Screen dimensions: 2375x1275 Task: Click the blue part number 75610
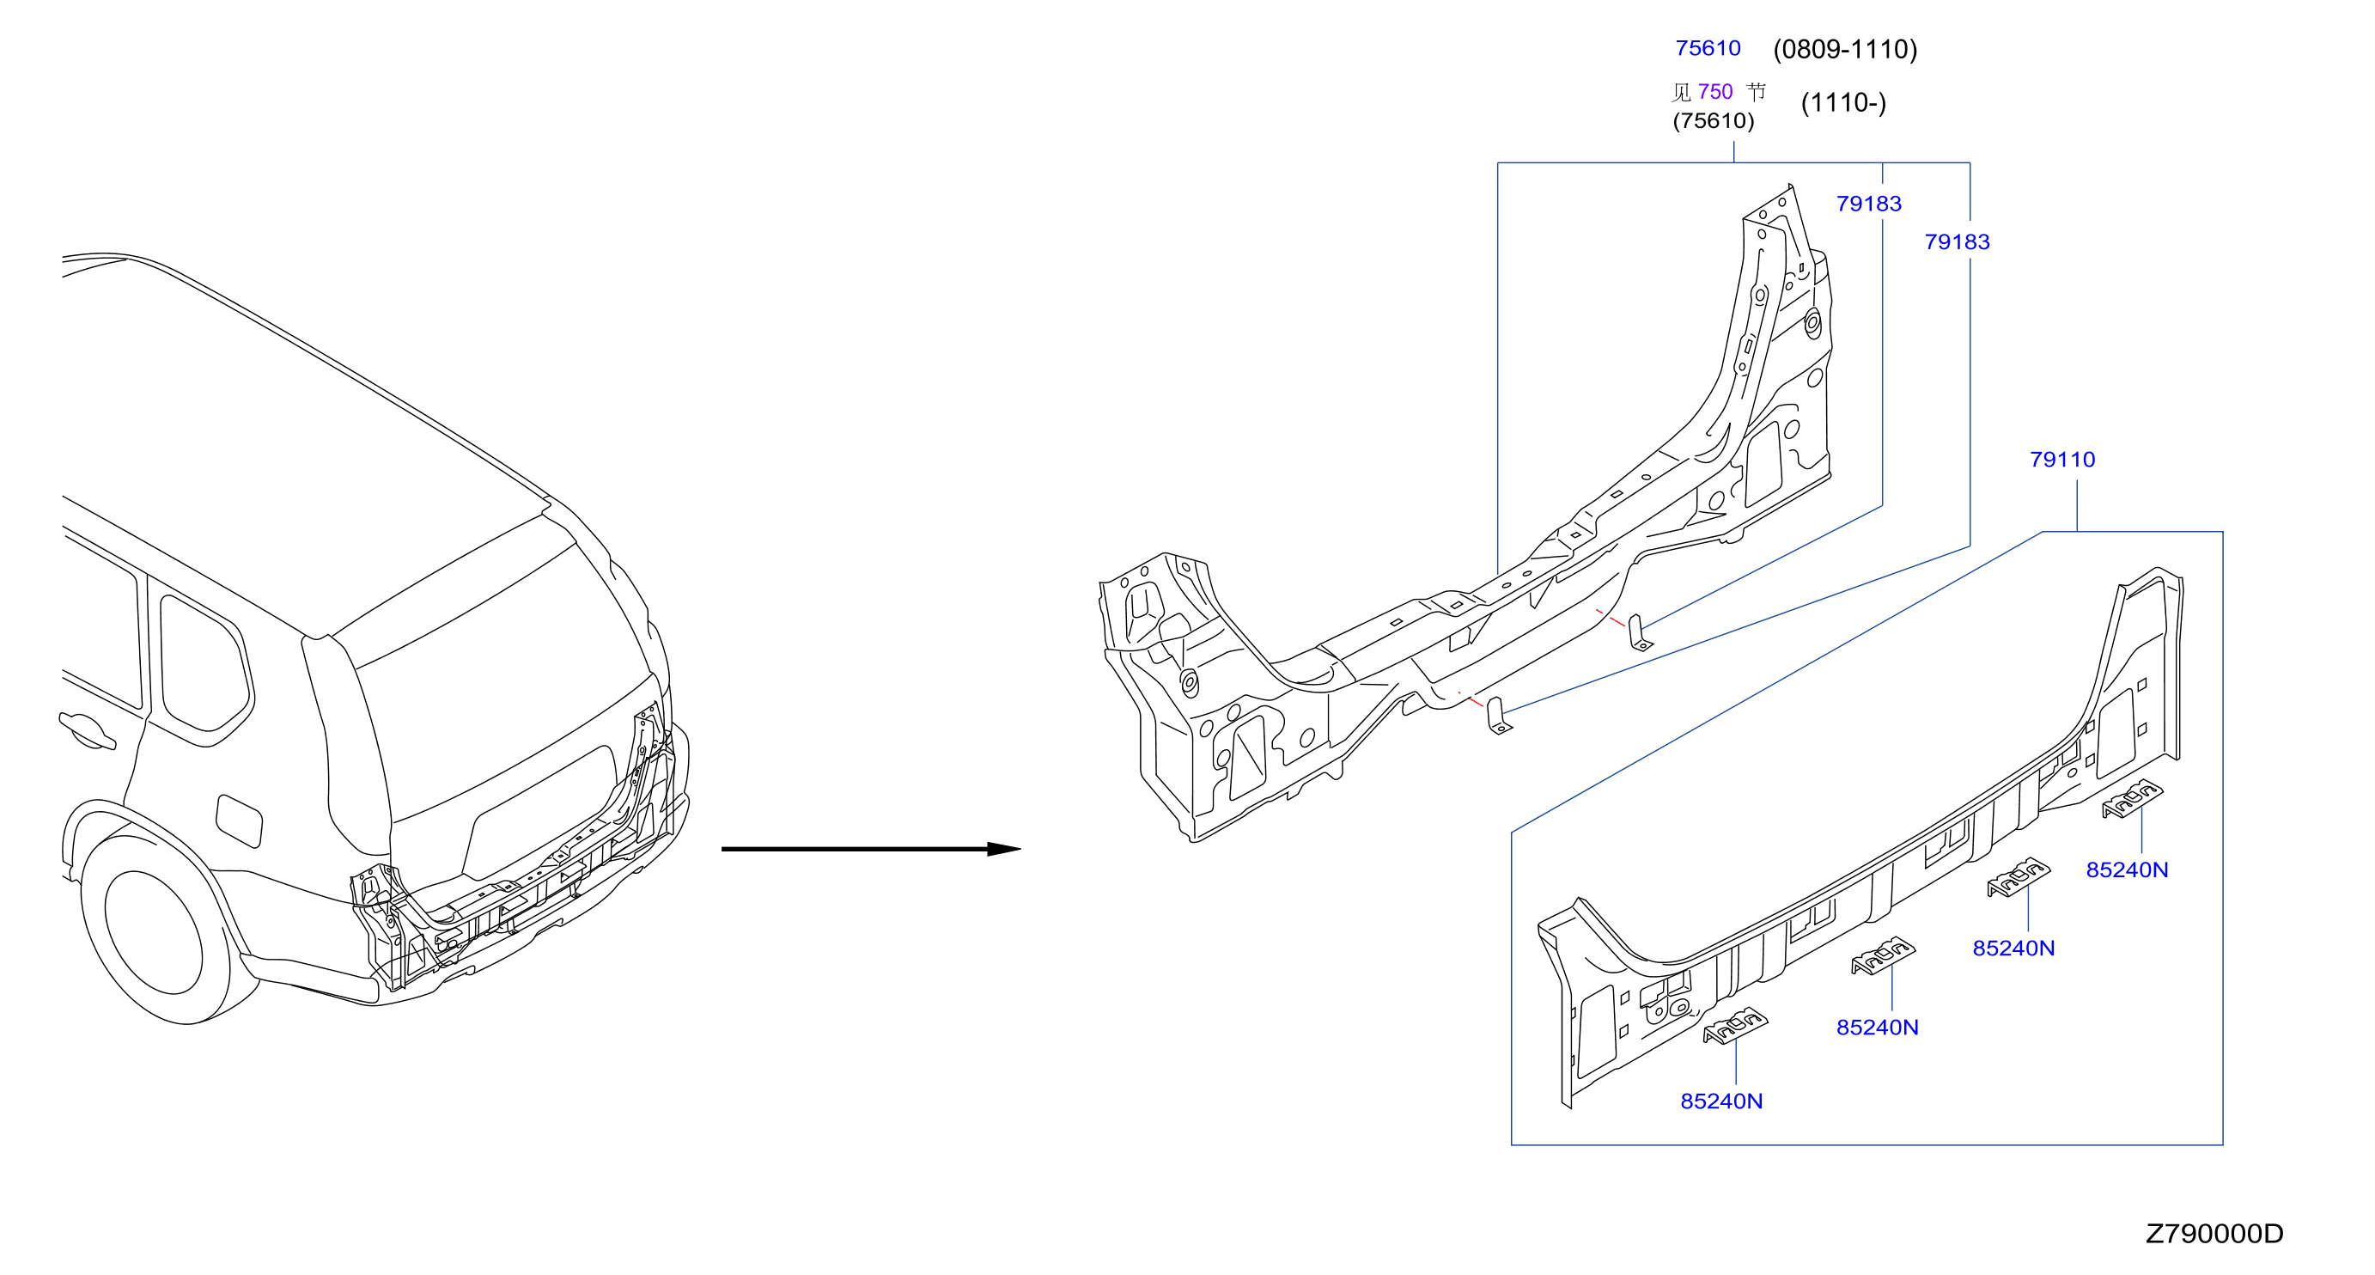pos(1708,48)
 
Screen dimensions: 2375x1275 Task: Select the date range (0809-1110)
pos(1845,49)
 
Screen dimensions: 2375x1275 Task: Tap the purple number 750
pos(1714,91)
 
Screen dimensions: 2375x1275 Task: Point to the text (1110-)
pos(1843,102)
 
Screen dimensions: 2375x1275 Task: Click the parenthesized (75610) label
pos(1713,121)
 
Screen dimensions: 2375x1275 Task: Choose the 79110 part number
pos(2062,459)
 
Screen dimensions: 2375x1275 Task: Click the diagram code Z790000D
pos(2214,1234)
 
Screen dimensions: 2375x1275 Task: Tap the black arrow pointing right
pos(870,849)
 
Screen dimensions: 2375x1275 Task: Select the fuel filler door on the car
pos(239,821)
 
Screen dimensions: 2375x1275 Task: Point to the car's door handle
pos(87,730)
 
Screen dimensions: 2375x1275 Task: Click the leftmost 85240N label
pos(1721,1101)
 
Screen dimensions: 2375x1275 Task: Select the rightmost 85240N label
pos(2127,870)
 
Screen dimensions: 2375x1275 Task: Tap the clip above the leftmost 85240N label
pos(1735,1025)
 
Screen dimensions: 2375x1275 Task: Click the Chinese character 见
pos(1682,92)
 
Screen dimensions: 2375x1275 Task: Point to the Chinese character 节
pos(1757,91)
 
